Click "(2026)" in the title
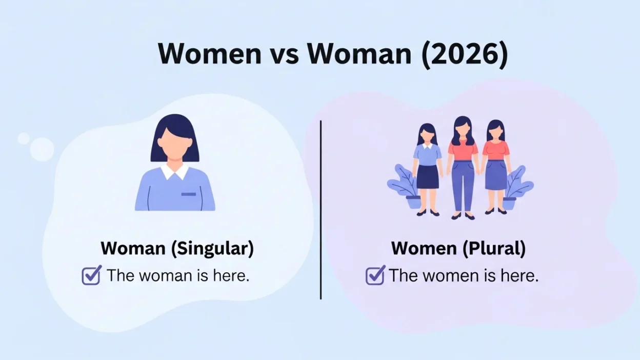click(464, 53)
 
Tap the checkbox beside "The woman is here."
click(91, 275)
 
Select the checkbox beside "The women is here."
click(375, 275)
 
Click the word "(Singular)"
click(212, 248)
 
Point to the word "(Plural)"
click(494, 248)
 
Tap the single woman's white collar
click(175, 171)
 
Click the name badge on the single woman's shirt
click(188, 194)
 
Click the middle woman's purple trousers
click(463, 185)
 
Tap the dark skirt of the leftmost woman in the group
click(427, 176)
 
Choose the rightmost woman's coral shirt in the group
click(496, 149)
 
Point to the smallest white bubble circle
click(24, 138)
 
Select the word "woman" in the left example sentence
click(164, 276)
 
